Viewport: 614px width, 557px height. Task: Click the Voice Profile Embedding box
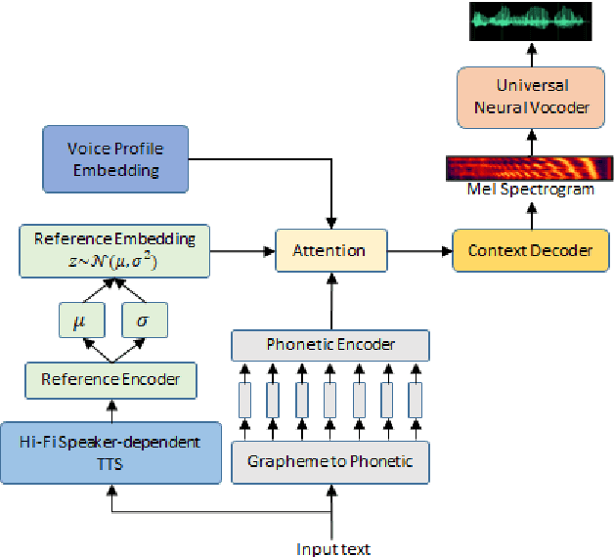tap(115, 158)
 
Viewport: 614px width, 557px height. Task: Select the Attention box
tap(329, 251)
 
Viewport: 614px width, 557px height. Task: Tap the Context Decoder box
tap(530, 251)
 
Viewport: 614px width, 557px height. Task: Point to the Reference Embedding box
tap(115, 250)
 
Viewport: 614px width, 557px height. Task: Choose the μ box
tap(80, 320)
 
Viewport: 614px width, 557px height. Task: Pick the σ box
tap(144, 320)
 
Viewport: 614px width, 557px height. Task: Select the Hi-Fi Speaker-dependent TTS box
tap(110, 452)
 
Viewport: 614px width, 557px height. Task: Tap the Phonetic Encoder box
tap(330, 345)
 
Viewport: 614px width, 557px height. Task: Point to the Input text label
tap(333, 549)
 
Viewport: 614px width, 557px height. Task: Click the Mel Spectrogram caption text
tap(530, 190)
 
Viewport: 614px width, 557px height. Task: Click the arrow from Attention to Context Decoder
tap(419, 251)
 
